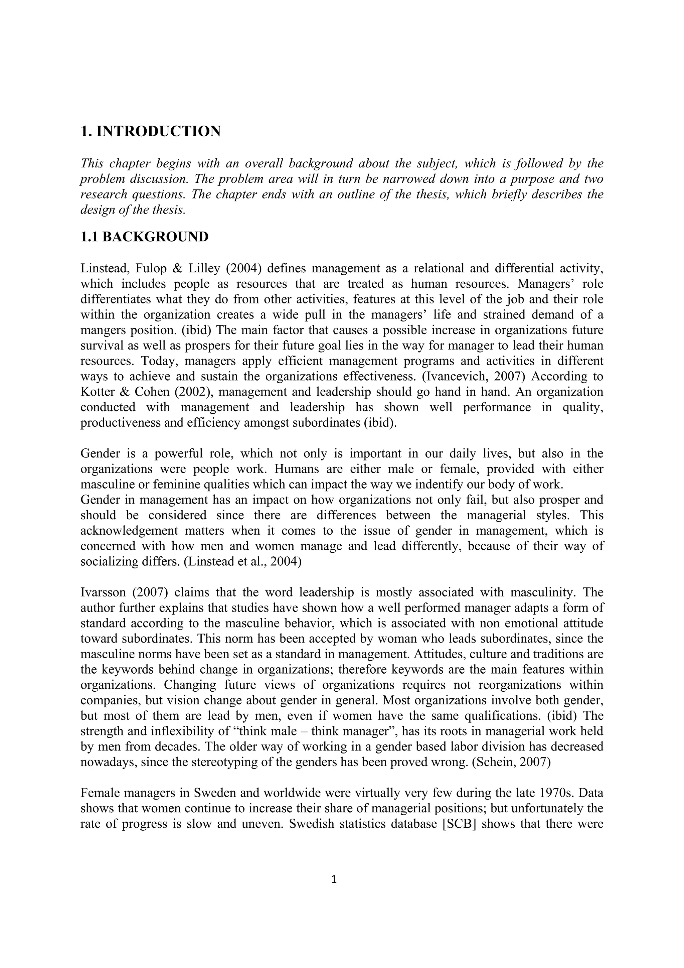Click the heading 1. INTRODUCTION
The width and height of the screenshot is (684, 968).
pyautogui.click(x=150, y=132)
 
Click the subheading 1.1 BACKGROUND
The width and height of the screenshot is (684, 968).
pyautogui.click(x=144, y=237)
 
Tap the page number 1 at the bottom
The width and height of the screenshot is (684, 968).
pyautogui.click(x=334, y=879)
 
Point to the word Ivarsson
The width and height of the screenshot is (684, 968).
pyautogui.click(x=104, y=593)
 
